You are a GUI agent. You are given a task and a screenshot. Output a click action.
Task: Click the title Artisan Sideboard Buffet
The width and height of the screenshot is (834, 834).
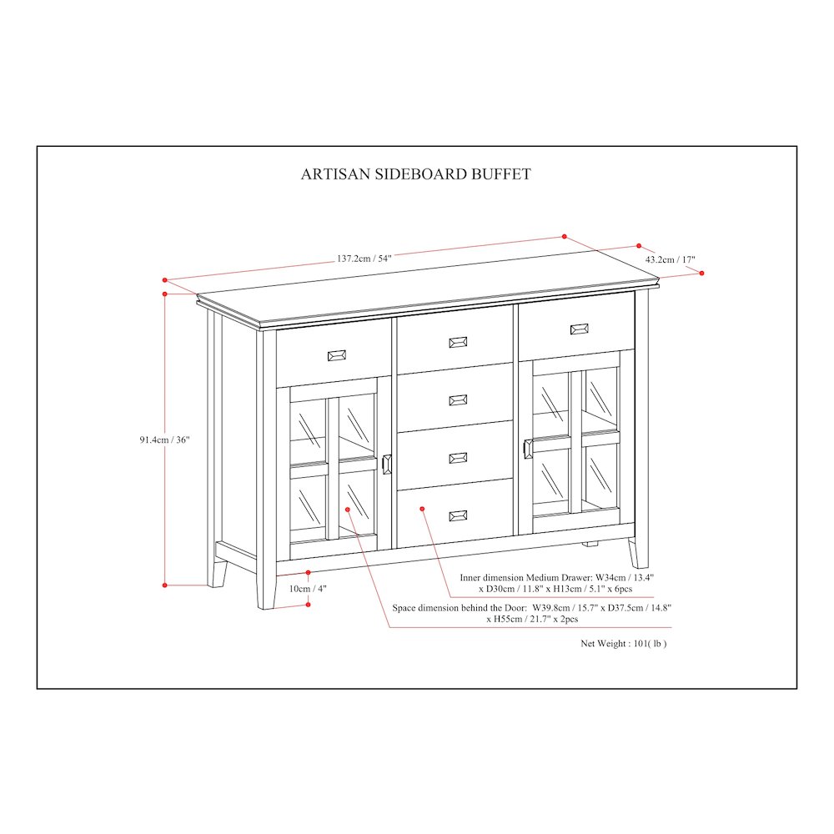415,174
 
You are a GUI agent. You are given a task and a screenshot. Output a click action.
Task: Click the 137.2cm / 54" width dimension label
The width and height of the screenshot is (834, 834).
364,259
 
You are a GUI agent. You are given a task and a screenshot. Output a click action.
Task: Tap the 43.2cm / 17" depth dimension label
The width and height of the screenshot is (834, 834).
670,259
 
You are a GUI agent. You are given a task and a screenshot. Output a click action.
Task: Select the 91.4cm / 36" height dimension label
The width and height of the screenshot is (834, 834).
165,440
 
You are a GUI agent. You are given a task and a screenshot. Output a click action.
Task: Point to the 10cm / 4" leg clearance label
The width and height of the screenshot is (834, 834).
308,588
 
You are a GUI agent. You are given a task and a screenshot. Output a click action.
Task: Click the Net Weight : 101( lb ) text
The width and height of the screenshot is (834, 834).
623,644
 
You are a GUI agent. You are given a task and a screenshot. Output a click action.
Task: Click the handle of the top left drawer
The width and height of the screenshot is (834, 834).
338,355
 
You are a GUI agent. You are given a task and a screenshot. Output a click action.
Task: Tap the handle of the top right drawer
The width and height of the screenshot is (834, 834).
579,329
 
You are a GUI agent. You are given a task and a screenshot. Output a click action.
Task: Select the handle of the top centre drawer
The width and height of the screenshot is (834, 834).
458,342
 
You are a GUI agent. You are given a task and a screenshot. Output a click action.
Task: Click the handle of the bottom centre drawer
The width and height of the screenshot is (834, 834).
458,515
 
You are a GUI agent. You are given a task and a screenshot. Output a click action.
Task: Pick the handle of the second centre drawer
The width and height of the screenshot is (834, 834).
458,400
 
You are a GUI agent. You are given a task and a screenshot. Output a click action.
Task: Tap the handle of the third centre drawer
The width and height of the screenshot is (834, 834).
458,458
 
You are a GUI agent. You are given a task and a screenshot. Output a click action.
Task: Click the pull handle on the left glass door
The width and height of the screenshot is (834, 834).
386,465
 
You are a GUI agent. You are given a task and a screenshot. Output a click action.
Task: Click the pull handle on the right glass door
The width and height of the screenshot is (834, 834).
526,448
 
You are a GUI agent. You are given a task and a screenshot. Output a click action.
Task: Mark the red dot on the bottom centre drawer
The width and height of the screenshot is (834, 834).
423,508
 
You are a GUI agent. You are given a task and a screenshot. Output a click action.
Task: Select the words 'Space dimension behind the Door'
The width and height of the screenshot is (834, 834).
459,608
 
